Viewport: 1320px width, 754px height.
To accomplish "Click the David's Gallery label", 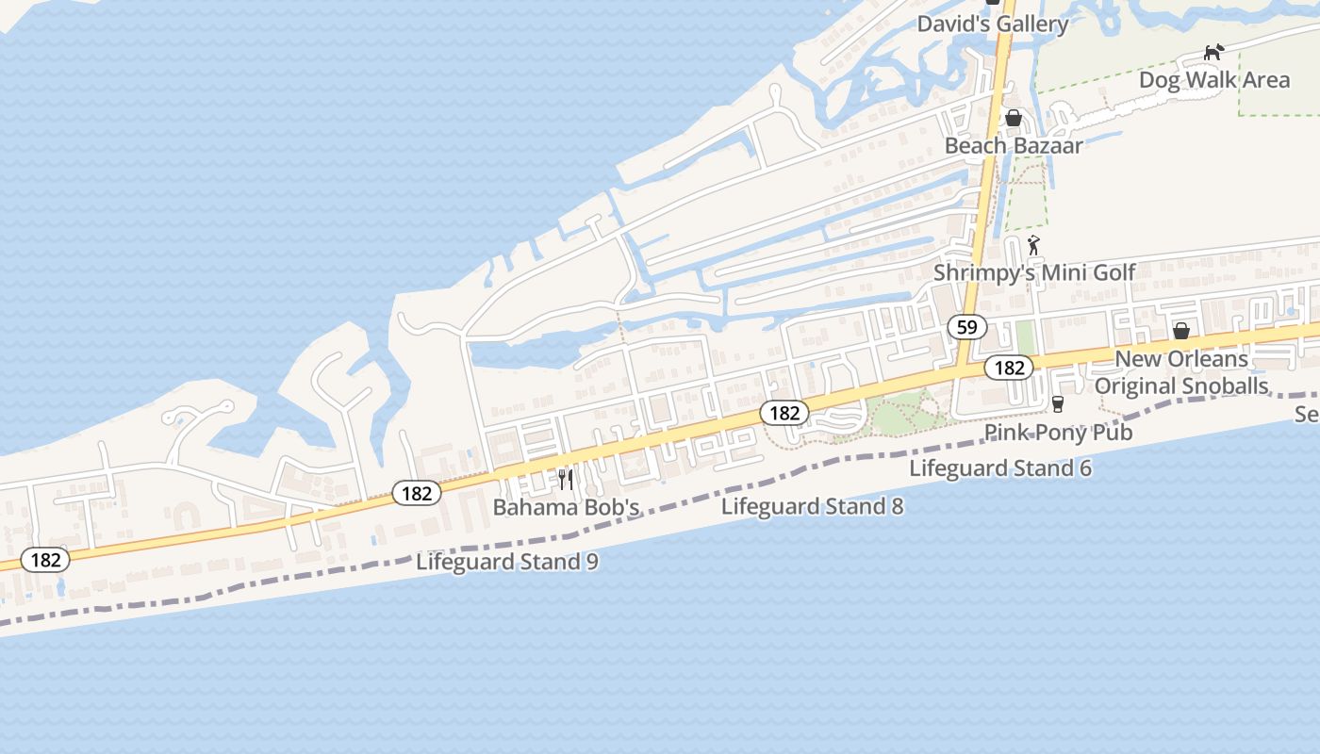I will click(993, 25).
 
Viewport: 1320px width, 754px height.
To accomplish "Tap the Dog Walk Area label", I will click(1214, 79).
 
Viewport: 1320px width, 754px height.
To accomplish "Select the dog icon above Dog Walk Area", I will click(1213, 51).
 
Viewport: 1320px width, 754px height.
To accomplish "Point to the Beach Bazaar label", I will click(1014, 145).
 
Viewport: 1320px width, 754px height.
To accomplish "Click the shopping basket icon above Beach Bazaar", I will click(1014, 118).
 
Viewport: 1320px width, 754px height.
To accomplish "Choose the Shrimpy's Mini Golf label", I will click(1034, 272).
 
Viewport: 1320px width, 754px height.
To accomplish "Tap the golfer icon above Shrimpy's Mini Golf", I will click(1033, 245).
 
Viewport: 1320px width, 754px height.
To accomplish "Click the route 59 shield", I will click(966, 327).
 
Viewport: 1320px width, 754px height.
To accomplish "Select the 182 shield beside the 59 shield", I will click(1009, 368).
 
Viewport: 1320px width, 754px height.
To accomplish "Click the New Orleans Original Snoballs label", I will click(1181, 372).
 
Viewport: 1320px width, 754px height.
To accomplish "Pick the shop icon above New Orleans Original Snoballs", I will click(1180, 331).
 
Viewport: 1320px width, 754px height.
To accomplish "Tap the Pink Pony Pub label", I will click(1058, 432).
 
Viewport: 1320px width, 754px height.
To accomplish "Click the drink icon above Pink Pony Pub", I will click(1058, 404).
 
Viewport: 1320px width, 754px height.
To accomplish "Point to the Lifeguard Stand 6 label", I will click(1000, 467).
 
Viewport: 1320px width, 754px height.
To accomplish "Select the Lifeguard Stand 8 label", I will click(812, 506).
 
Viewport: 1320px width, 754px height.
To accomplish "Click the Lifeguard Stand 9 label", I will click(507, 562).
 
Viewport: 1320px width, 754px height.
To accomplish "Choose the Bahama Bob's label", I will click(566, 507).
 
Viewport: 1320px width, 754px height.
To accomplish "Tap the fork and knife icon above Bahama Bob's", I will click(566, 479).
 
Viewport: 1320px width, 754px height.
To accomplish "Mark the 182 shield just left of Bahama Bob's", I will click(417, 493).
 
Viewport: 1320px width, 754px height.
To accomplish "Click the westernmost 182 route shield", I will click(45, 560).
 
